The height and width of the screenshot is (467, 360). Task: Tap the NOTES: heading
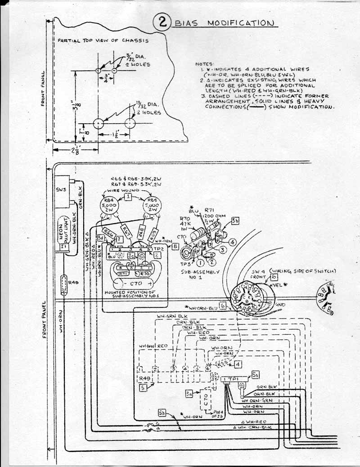coord(205,64)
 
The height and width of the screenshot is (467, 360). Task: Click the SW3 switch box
coord(61,191)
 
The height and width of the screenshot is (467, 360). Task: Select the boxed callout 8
coord(175,246)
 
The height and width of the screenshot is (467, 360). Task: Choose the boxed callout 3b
coord(235,221)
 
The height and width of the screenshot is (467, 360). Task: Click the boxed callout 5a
coord(255,374)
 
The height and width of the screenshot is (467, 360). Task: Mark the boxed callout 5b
coord(162,413)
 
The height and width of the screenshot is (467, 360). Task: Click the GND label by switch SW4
coord(281,304)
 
